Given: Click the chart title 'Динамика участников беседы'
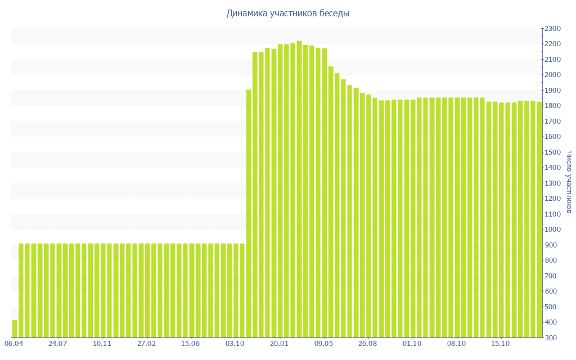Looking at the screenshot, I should [x=287, y=13].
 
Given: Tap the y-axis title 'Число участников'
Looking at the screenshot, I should [x=569, y=182].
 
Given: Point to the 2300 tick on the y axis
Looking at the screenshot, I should [x=553, y=29].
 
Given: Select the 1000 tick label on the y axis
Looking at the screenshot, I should [x=553, y=229].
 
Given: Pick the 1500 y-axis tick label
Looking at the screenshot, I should [x=553, y=152].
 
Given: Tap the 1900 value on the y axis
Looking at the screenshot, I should [x=553, y=91].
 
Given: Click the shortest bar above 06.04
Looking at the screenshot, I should [x=15, y=329].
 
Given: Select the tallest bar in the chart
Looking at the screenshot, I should [x=299, y=189].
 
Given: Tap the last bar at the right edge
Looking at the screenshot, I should [x=539, y=219].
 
